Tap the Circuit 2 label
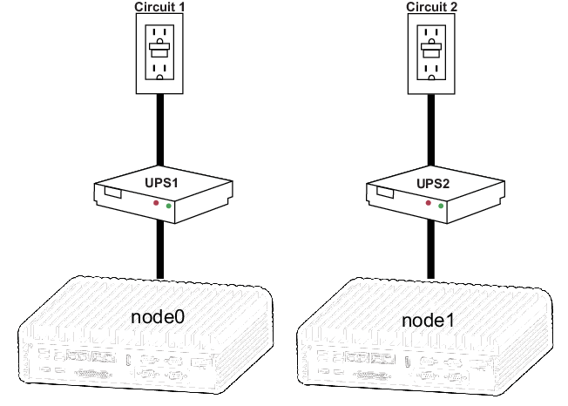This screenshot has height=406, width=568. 432,7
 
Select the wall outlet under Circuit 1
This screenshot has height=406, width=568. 159,52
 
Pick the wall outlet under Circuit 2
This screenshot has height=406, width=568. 432,52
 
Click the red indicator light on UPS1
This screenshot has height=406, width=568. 157,202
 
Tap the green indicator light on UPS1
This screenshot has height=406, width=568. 168,207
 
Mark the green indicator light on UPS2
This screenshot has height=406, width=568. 442,207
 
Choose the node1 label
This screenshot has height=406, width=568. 429,319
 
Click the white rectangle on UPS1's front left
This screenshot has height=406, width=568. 112,192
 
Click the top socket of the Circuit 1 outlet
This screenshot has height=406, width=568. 159,32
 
